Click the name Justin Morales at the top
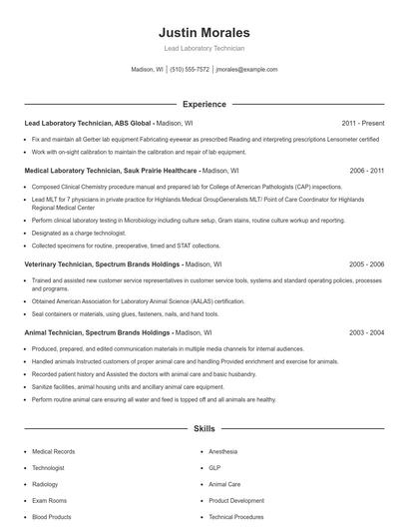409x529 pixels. [x=204, y=32]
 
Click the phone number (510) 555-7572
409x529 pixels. [x=190, y=70]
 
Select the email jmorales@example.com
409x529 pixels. [x=246, y=70]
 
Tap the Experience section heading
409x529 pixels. [x=204, y=104]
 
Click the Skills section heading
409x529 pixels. [x=204, y=429]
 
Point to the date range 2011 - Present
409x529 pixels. [x=363, y=123]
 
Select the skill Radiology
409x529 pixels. [x=46, y=484]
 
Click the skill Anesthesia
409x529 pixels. [x=223, y=451]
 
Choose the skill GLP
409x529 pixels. [x=214, y=468]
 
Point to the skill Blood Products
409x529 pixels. [x=52, y=517]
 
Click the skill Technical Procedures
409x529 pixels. [x=235, y=517]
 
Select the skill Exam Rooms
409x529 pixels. [x=49, y=501]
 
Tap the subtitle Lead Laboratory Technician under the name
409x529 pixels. [x=204, y=48]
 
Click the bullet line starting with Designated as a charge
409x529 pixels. [x=81, y=232]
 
